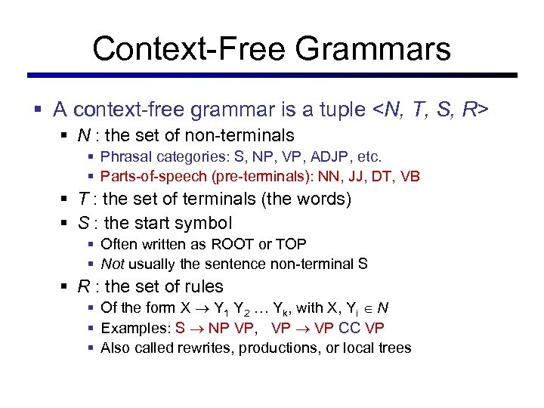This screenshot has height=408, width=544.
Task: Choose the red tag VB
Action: click(x=409, y=177)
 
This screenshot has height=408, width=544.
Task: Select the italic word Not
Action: click(x=112, y=264)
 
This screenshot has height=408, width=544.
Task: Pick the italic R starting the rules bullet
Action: click(x=84, y=286)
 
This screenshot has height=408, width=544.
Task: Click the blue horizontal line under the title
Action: click(x=272, y=75)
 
